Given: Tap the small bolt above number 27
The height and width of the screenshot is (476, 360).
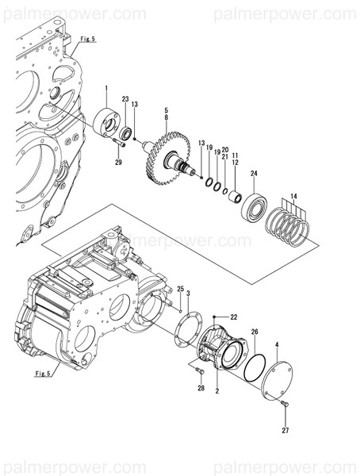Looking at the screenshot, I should tap(285, 405).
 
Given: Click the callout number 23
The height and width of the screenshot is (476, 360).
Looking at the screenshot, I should tap(125, 99).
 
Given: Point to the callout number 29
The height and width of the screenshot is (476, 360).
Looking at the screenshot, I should tap(118, 163).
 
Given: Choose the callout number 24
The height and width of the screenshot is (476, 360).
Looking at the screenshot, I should tap(255, 173).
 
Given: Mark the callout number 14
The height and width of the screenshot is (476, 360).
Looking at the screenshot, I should tap(293, 195).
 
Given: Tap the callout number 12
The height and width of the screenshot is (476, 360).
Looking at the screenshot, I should tap(235, 163).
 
